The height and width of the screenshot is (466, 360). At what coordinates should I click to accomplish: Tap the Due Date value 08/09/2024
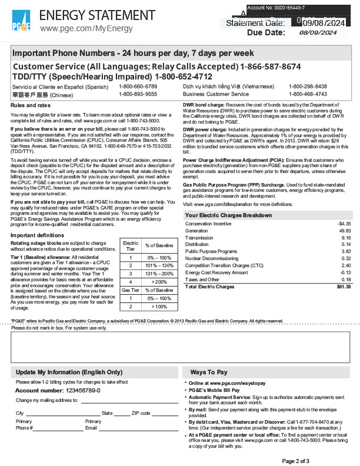click(x=321, y=33)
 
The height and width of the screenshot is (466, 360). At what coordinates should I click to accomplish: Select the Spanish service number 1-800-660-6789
click(x=138, y=86)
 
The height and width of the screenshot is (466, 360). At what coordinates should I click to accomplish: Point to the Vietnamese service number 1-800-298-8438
click(x=308, y=86)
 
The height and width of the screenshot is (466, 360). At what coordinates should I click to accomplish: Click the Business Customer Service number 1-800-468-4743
click(x=308, y=94)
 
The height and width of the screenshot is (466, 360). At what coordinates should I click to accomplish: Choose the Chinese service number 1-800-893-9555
click(x=138, y=94)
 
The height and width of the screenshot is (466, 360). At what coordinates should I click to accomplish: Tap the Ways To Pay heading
click(x=208, y=372)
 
